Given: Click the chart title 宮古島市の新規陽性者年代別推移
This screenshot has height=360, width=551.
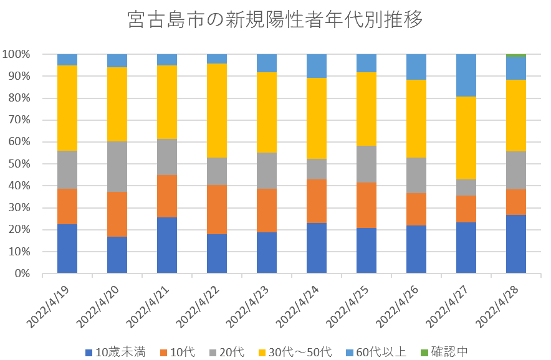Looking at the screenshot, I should pyautogui.click(x=275, y=20).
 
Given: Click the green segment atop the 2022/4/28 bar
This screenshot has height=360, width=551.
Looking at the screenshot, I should pyautogui.click(x=516, y=55).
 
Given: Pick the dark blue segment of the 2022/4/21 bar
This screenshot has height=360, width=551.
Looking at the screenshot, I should pyautogui.click(x=167, y=245).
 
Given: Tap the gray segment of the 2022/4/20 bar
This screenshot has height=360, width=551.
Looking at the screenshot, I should pyautogui.click(x=117, y=167).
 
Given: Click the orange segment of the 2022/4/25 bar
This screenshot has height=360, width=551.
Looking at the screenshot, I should pyautogui.click(x=367, y=205).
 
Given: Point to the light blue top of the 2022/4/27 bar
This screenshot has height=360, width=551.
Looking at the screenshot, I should pyautogui.click(x=466, y=75).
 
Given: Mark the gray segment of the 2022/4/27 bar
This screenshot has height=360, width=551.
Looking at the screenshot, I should pyautogui.click(x=466, y=187).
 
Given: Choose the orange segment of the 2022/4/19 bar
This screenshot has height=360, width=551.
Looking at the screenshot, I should pyautogui.click(x=67, y=206).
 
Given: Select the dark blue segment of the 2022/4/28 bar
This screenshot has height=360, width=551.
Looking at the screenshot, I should pyautogui.click(x=516, y=244).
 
